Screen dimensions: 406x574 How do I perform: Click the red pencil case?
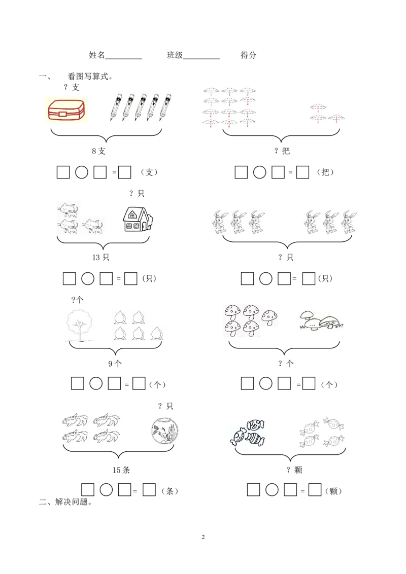click(66, 110)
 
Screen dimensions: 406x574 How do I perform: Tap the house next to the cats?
click(138, 219)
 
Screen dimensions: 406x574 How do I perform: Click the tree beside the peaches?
click(80, 325)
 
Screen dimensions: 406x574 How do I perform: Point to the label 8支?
click(98, 151)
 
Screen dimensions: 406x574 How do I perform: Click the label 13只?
click(101, 258)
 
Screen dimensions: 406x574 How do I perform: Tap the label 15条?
click(121, 470)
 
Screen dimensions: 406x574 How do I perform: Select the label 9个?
click(115, 364)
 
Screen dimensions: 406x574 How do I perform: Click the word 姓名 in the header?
click(97, 55)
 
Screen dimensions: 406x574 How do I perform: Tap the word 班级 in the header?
click(175, 55)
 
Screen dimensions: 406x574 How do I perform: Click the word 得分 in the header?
click(249, 55)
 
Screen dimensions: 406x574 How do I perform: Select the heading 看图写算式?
click(90, 77)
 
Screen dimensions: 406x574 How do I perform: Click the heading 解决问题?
click(73, 502)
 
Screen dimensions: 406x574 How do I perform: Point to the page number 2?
click(203, 537)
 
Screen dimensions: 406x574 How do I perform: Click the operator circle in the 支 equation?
click(82, 172)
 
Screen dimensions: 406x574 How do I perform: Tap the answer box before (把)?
click(302, 172)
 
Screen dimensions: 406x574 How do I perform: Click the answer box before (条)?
click(149, 490)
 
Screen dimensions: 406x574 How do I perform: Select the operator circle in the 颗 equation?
click(272, 489)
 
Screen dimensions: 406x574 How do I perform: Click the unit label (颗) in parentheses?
click(333, 491)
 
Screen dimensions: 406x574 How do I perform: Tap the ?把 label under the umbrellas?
click(282, 151)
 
